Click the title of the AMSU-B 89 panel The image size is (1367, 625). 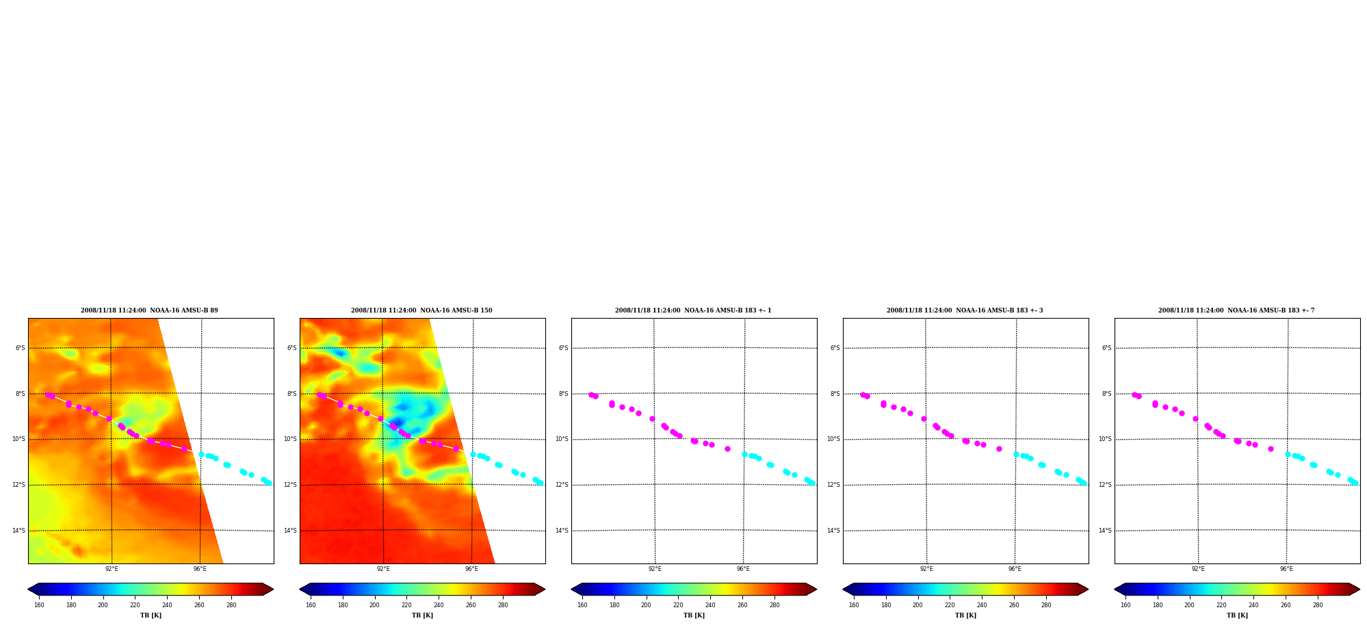pos(149,310)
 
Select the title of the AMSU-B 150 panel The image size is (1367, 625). pos(421,310)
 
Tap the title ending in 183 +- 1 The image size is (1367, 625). pos(693,310)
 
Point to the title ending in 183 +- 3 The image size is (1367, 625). pos(965,310)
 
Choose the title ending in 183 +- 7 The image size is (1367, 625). pos(1236,310)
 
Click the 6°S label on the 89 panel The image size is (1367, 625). pos(21,348)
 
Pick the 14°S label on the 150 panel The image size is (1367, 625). pos(290,531)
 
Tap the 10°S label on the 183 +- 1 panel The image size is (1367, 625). pos(562,439)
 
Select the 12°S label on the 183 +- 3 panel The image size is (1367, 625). pos(833,485)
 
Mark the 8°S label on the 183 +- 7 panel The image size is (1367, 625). pos(1107,394)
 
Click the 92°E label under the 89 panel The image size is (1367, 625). pos(112,569)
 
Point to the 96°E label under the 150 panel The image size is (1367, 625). pos(471,569)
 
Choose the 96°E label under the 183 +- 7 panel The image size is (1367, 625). pos(1286,569)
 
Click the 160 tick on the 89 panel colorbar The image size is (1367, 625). pos(39,605)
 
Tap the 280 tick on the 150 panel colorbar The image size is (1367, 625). pos(503,605)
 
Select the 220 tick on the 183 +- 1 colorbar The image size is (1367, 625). pos(678,605)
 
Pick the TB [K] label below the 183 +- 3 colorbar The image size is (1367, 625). pos(965,615)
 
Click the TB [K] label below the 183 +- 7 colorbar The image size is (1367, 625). pos(1237,615)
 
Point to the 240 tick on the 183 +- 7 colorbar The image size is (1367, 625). pos(1253,605)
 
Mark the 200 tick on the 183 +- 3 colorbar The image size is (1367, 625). pos(917,605)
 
